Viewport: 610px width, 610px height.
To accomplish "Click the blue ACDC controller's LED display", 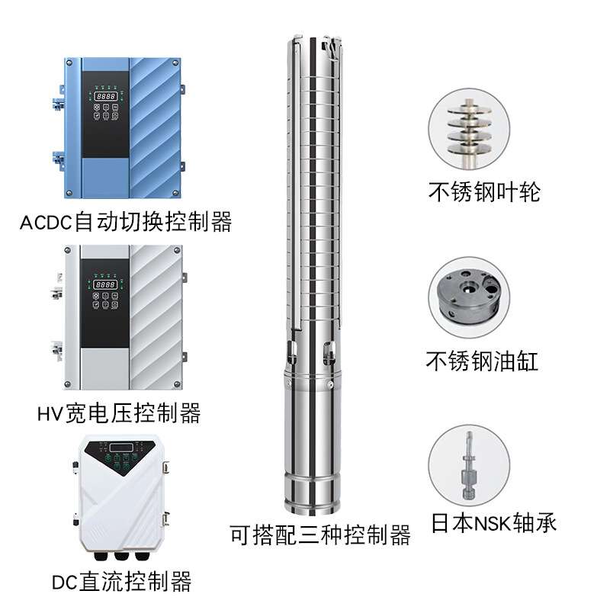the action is [x=106, y=98].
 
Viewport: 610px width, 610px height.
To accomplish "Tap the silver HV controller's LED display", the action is [x=106, y=284].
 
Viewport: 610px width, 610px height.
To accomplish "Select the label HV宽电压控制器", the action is [x=118, y=413].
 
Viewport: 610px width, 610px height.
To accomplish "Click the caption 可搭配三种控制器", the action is [x=320, y=535].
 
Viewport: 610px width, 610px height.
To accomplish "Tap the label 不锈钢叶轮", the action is [x=483, y=191].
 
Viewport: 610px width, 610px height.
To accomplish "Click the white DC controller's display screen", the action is [x=120, y=448].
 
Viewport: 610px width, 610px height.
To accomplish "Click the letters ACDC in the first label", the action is [x=45, y=223].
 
